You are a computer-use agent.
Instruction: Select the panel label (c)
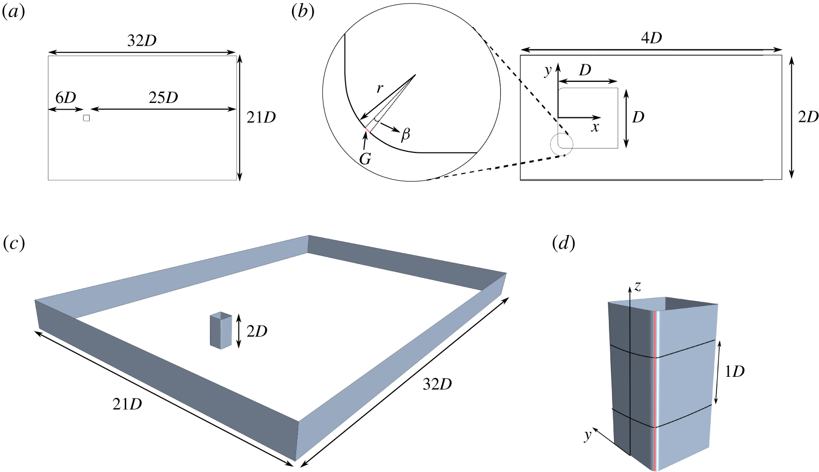(x=13, y=243)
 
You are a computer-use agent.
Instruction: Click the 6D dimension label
(x=65, y=98)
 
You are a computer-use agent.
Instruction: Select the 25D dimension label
(x=163, y=98)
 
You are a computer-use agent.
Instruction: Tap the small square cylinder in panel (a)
(x=87, y=118)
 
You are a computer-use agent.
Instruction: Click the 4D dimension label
(x=652, y=38)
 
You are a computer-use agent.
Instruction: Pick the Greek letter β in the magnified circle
(x=405, y=135)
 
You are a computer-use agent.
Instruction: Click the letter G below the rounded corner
(x=365, y=159)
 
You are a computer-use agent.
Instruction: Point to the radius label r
(x=380, y=88)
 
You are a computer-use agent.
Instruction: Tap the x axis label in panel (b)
(x=595, y=128)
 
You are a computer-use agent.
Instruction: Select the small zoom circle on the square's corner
(x=561, y=144)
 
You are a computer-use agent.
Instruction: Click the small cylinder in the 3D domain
(x=221, y=330)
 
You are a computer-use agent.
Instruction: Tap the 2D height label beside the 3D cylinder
(x=257, y=331)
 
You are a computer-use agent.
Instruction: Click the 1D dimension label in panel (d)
(x=735, y=372)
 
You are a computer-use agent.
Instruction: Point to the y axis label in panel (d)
(x=588, y=436)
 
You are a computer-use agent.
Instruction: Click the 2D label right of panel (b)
(x=808, y=117)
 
